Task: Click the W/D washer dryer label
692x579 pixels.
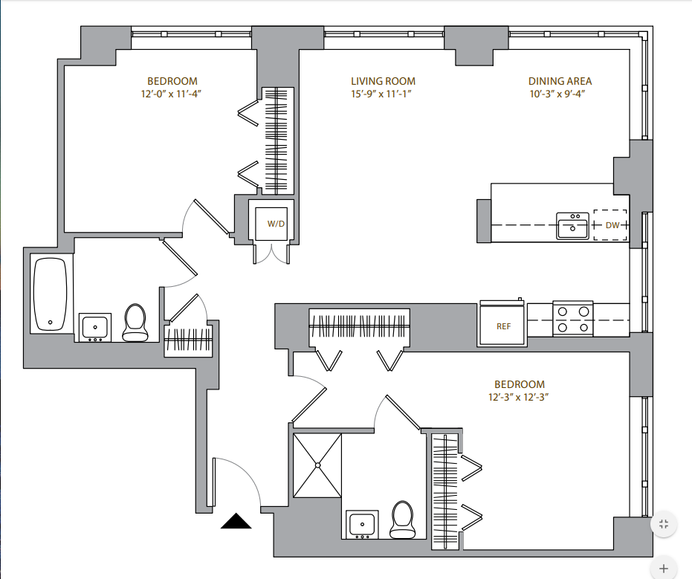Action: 276,224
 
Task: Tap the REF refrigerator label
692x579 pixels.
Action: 503,326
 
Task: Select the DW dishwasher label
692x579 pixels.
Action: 612,225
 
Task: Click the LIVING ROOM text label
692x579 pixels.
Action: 383,81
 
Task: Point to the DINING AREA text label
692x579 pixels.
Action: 560,81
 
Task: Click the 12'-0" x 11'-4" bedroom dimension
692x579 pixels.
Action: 171,94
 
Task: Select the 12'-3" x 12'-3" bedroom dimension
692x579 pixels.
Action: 519,397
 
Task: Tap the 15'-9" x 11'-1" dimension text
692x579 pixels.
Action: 381,94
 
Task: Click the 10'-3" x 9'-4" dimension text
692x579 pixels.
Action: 557,94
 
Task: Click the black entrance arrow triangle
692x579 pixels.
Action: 236,521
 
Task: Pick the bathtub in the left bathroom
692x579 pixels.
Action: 51,294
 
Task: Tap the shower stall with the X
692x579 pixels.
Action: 317,465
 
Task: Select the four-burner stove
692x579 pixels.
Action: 573,319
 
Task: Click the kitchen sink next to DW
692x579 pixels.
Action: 572,225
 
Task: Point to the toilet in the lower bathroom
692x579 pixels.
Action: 403,520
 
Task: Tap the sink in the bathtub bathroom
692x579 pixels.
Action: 95,328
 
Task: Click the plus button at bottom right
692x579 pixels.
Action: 664,569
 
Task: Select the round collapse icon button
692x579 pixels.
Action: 664,524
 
